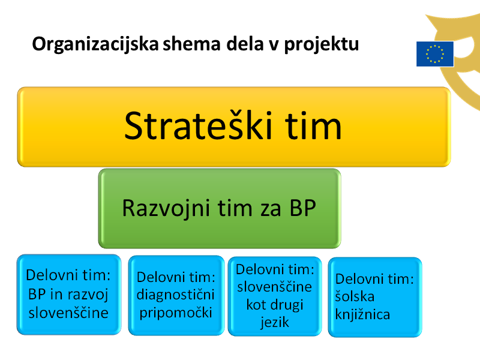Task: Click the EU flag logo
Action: pos(435,54)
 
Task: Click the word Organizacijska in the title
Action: pos(95,44)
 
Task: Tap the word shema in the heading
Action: pos(191,44)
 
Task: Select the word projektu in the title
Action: pos(322,44)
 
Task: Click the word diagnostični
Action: pos(175,295)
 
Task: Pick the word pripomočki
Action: pos(176,313)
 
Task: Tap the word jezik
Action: pos(275,322)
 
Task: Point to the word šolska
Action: pos(355,296)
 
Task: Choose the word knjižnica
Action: pos(362,314)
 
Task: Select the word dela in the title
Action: pos(245,44)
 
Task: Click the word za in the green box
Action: pos(271,209)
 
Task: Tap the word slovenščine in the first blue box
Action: pos(68,313)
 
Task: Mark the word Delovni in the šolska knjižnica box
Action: pos(357,279)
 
